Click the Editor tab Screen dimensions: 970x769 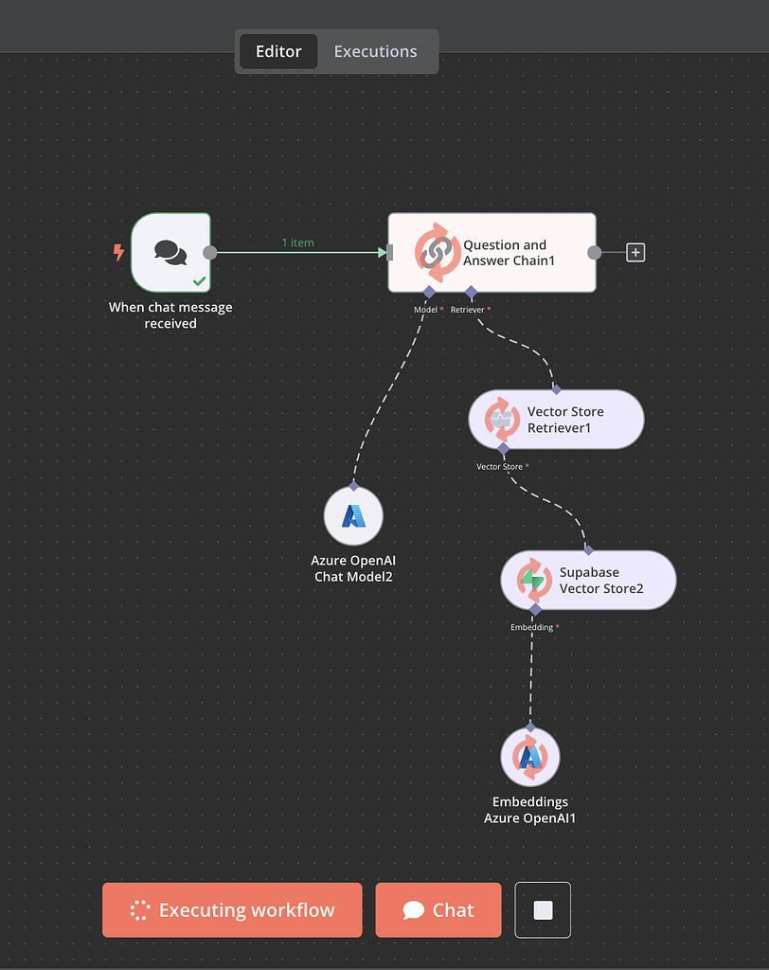coord(278,51)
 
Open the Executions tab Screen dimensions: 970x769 coord(375,51)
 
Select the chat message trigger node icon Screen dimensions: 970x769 coord(170,252)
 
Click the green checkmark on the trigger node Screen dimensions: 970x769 coord(199,280)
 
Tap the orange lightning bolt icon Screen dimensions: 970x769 coord(118,252)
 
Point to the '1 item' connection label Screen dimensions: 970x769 coord(297,242)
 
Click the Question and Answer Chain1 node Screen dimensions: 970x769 coord(492,252)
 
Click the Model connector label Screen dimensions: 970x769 coord(426,310)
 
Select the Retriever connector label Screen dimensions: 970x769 coord(468,310)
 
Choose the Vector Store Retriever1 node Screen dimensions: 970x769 coord(556,419)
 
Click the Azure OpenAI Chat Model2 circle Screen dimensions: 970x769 coord(353,516)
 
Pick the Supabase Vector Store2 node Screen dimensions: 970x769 coord(588,580)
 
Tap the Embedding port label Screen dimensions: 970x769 coord(531,627)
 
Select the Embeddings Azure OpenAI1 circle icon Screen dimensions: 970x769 coord(530,757)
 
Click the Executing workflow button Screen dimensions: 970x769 coord(232,910)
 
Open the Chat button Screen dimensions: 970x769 coord(438,910)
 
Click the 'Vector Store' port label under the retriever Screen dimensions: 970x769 coord(499,467)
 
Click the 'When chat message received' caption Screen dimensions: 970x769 coord(170,315)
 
